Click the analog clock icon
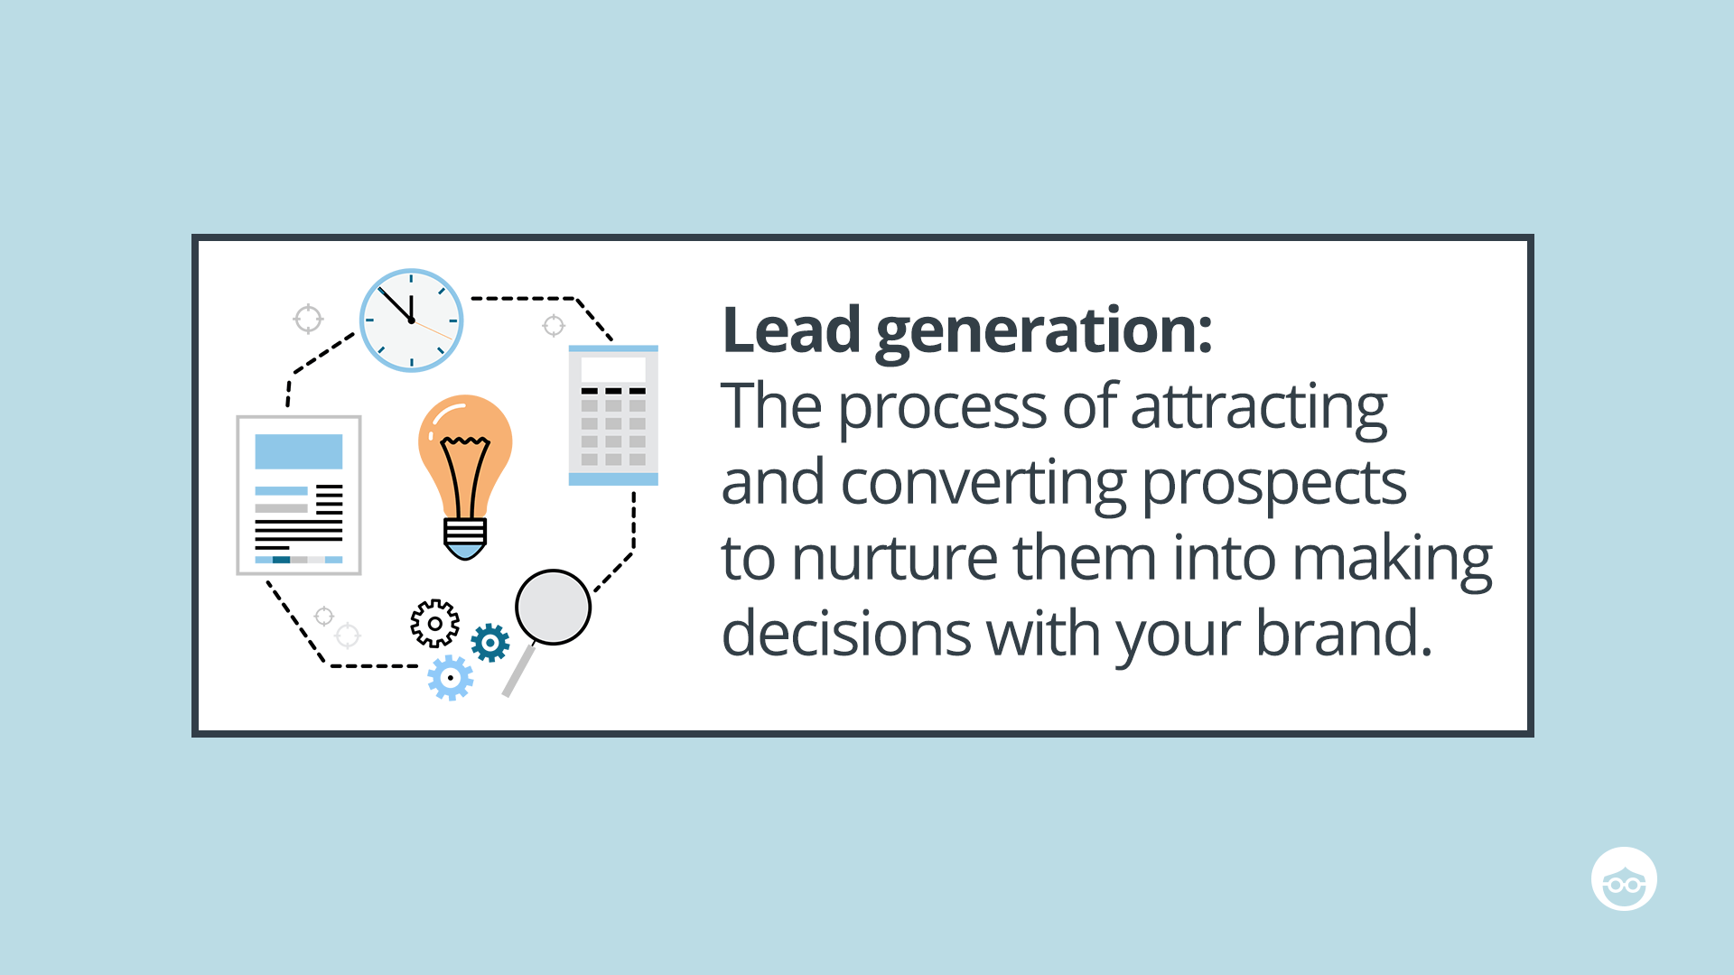pyautogui.click(x=412, y=320)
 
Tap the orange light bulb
pyautogui.click(x=465, y=451)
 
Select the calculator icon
pyautogui.click(x=613, y=415)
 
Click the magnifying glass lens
pyautogui.click(x=553, y=607)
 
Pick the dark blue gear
pyautogui.click(x=490, y=643)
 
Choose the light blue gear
pyautogui.click(x=450, y=678)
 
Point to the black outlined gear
pyautogui.click(x=435, y=623)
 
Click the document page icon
pyautogui.click(x=299, y=495)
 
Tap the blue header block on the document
pyautogui.click(x=299, y=451)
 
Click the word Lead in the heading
pyautogui.click(x=791, y=330)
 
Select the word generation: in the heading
pyautogui.click(x=1043, y=332)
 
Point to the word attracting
pyautogui.click(x=1258, y=408)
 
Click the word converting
pyautogui.click(x=983, y=484)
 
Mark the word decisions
pyautogui.click(x=846, y=634)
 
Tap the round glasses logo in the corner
pyautogui.click(x=1624, y=879)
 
